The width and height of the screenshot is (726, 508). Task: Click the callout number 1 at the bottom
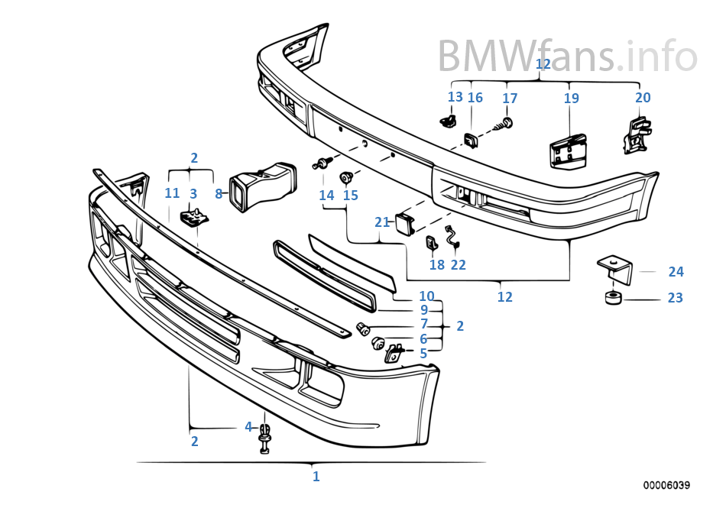pyautogui.click(x=316, y=477)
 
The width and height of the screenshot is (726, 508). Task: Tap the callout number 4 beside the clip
pyautogui.click(x=248, y=427)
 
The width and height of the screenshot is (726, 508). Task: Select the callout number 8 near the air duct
pyautogui.click(x=219, y=194)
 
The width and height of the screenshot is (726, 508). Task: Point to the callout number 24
pyautogui.click(x=676, y=271)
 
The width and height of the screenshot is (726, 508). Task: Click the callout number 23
pyautogui.click(x=675, y=298)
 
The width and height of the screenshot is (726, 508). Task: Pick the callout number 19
pyautogui.click(x=572, y=98)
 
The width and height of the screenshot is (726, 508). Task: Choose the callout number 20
pyautogui.click(x=643, y=97)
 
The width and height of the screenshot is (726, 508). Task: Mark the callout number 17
pyautogui.click(x=510, y=99)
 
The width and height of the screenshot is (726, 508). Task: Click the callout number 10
pyautogui.click(x=426, y=296)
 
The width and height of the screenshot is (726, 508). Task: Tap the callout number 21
pyautogui.click(x=382, y=222)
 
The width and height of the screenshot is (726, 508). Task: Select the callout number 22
pyautogui.click(x=459, y=265)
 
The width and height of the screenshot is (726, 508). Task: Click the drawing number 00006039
pyautogui.click(x=666, y=485)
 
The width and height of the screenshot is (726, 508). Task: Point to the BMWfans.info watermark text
pyautogui.click(x=567, y=55)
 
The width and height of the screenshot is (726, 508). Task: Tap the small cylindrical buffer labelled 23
pyautogui.click(x=612, y=297)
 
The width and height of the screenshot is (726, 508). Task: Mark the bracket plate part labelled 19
pyautogui.click(x=568, y=149)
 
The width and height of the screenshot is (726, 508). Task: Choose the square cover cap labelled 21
pyautogui.click(x=404, y=223)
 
